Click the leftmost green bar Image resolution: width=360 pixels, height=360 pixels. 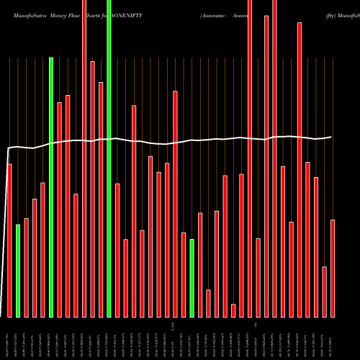click(18, 271)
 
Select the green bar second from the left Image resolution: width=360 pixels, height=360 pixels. click(51, 187)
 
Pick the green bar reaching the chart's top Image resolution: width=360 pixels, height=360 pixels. click(109, 158)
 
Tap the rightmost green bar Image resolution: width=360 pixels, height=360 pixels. click(192, 278)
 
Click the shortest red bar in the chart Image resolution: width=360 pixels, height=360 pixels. click(233, 310)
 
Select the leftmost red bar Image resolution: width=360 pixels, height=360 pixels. click(9, 240)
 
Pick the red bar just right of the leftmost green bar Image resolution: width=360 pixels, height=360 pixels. click(26, 267)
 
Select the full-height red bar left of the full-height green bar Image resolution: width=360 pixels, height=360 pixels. click(84, 158)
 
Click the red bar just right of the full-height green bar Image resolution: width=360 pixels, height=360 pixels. click(117, 250)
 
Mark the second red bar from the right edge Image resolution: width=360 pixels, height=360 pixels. click(325, 292)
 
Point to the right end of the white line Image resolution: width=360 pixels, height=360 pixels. click(332, 137)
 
